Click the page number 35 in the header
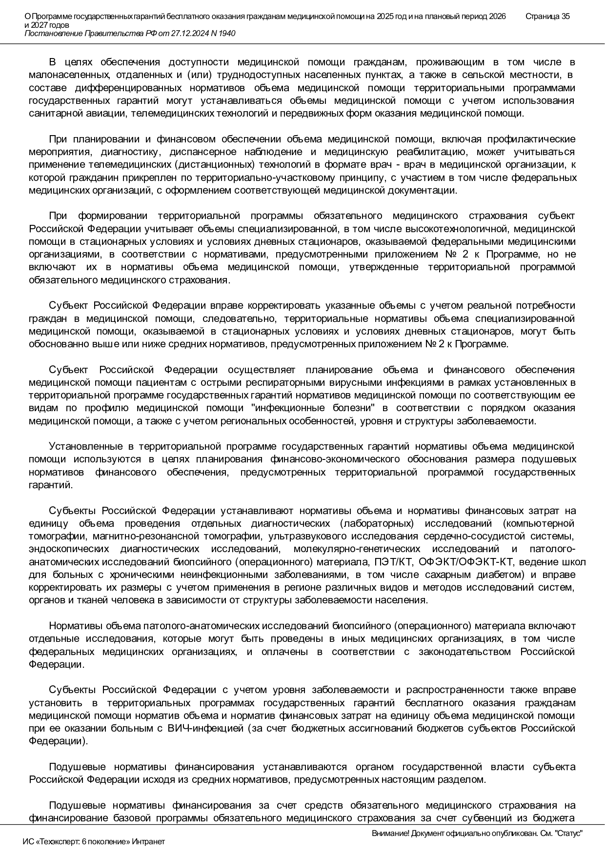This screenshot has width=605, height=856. [565, 16]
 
